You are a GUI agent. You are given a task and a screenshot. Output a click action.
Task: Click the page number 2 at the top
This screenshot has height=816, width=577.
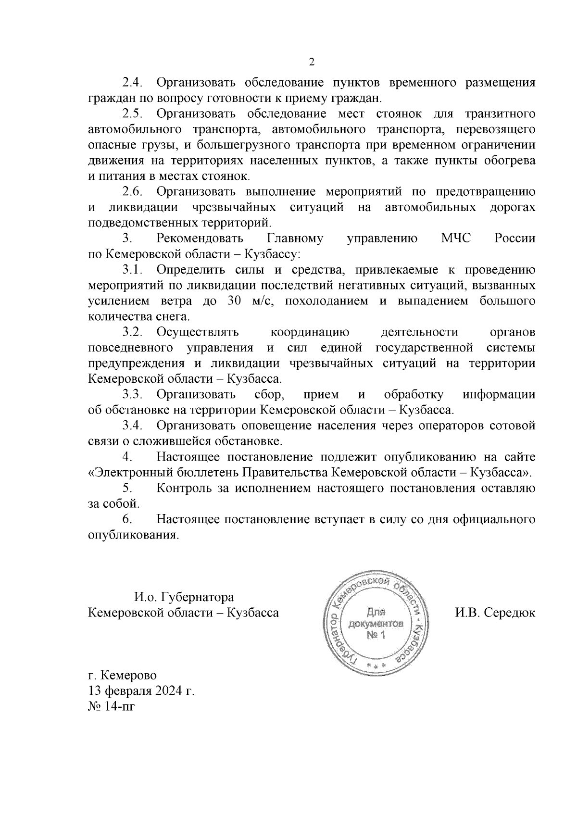pyautogui.click(x=311, y=63)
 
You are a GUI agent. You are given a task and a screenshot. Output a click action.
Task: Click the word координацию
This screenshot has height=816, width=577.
pyautogui.click(x=310, y=332)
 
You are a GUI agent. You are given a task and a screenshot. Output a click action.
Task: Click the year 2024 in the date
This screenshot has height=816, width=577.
pyautogui.click(x=169, y=691)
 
